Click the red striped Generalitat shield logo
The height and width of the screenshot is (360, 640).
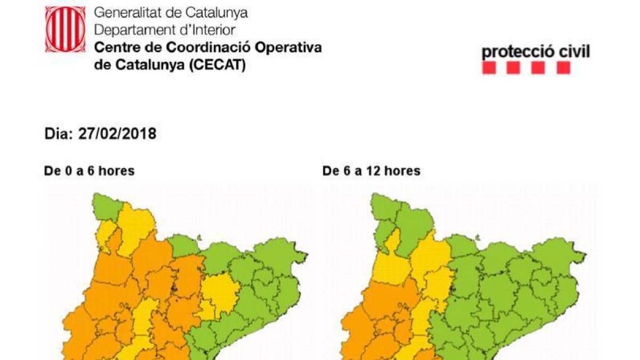(x=65, y=29)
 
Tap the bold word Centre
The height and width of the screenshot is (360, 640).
(x=113, y=47)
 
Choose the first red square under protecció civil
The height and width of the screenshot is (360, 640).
(x=489, y=68)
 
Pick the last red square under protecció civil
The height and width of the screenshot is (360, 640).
(x=563, y=68)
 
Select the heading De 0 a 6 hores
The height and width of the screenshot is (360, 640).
(x=89, y=171)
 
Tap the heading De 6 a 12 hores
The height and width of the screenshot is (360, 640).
(x=371, y=171)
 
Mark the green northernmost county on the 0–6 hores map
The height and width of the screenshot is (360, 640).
(x=108, y=207)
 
